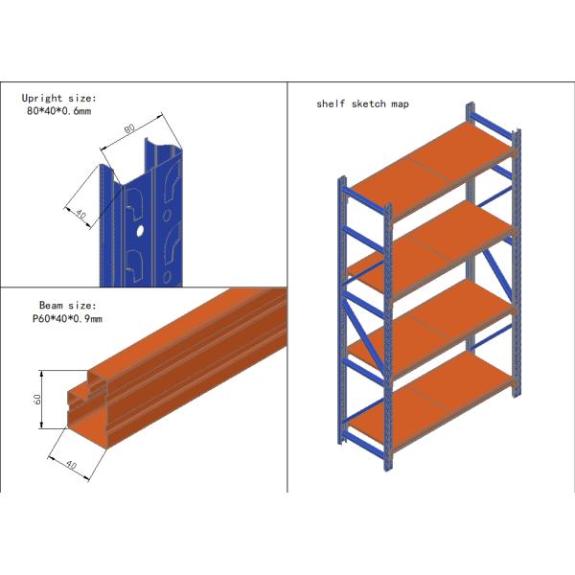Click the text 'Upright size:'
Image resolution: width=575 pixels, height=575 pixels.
click(59, 98)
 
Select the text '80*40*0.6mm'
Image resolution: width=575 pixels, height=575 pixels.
click(59, 111)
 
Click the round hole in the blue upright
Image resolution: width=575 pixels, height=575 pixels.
click(139, 231)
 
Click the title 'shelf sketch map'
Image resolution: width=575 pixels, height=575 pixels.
click(362, 103)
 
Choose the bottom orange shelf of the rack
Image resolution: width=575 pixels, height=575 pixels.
click(436, 393)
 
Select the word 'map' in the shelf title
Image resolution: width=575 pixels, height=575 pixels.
click(400, 103)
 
